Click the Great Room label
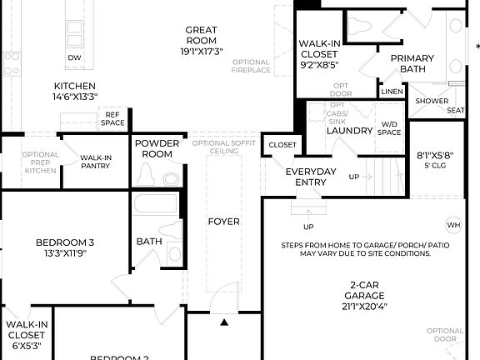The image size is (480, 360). (x=201, y=40)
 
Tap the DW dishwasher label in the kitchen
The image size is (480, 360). (x=74, y=57)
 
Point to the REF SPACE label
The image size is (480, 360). (x=114, y=118)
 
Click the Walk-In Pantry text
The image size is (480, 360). (x=97, y=162)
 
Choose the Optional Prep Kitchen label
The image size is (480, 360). (x=40, y=162)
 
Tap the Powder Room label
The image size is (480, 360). (x=157, y=148)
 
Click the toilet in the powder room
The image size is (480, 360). (x=147, y=174)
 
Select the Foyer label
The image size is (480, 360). (x=223, y=222)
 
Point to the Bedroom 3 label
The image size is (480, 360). (x=65, y=248)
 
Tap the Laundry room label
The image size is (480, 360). (x=348, y=131)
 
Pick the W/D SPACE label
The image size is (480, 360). (x=389, y=129)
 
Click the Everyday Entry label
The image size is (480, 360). (x=311, y=177)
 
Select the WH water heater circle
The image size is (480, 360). (x=453, y=225)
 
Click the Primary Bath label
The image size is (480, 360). (x=412, y=63)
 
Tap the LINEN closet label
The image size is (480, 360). (x=391, y=91)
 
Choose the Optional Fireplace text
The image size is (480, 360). (x=251, y=67)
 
